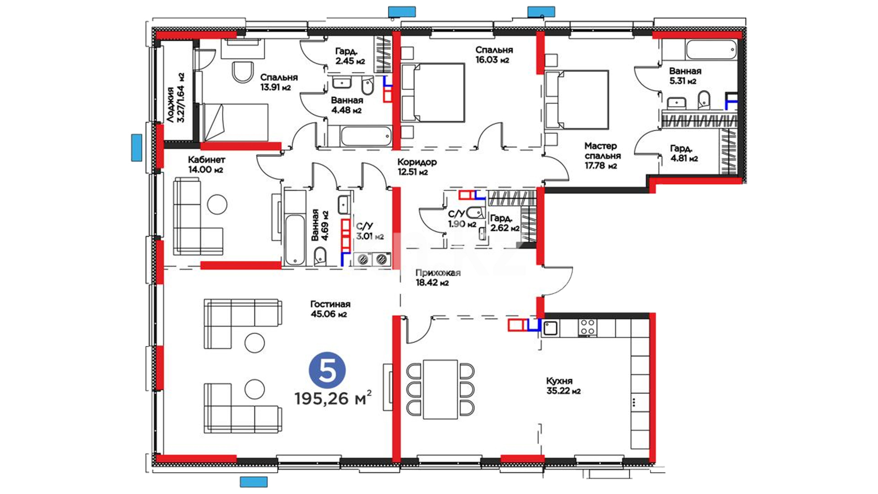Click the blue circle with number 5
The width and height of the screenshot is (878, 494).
327,370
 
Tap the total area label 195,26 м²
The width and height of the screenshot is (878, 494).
332,398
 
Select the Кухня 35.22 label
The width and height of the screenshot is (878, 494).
563,386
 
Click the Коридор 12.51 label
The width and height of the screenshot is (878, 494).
417,166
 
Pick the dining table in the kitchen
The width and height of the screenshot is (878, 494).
440,389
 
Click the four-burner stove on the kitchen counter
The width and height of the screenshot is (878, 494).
587,328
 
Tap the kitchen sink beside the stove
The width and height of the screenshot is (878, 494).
550,328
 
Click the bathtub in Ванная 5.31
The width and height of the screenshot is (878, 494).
711,49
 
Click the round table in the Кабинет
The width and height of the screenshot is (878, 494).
217,204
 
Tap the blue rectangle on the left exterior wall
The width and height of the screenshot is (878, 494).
136,147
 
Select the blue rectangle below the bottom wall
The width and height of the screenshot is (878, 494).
254,482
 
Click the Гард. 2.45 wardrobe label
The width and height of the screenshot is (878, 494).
350,56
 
